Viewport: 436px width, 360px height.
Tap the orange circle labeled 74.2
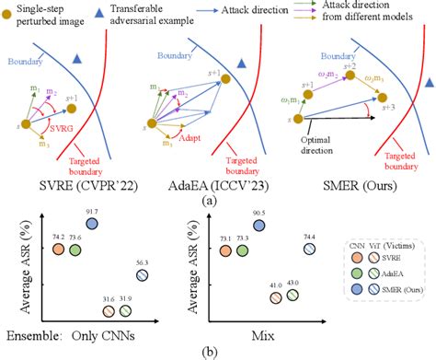[x=58, y=250]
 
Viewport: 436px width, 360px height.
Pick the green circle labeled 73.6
[x=76, y=250]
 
